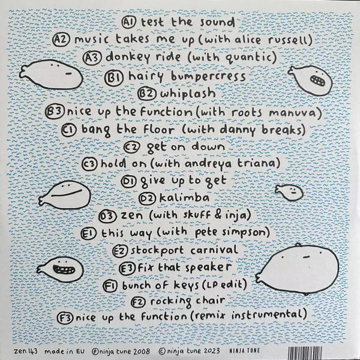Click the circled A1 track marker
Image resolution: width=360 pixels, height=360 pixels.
129,22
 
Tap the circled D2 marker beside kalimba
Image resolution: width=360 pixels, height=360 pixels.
148,198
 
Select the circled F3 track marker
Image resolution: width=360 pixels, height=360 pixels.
65,318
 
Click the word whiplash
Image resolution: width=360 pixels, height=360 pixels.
188,94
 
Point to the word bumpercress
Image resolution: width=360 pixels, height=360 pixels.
208,76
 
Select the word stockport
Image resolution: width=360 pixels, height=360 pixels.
157,250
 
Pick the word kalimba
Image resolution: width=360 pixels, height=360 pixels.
184,197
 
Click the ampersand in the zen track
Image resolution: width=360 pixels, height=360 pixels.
219,214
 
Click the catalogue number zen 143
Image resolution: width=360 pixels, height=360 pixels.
26,351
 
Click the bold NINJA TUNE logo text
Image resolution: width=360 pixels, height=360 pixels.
245,350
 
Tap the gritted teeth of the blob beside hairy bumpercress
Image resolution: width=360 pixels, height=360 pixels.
318,80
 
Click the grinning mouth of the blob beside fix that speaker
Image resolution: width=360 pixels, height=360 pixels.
64,269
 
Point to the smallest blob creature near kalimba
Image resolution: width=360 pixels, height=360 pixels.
289,192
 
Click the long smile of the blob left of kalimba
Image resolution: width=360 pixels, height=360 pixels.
67,193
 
